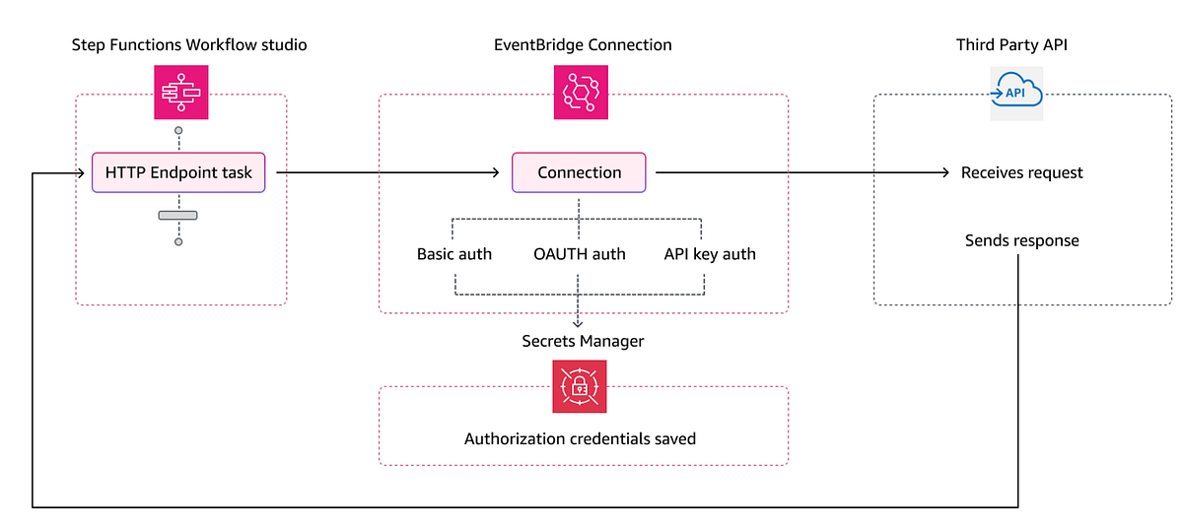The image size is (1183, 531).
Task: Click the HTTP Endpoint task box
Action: coord(178,172)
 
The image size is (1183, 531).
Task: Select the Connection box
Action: coord(579,172)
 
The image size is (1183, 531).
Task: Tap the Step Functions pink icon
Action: coord(178,94)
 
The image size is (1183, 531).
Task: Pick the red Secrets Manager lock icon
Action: coord(579,386)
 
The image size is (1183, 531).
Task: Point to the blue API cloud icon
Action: coord(1016,94)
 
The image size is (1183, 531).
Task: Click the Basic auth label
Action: coord(453,254)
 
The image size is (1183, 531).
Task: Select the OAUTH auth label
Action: coord(579,254)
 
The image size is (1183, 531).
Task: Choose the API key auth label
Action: coord(710,254)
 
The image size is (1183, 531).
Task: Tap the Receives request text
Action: coord(1021,172)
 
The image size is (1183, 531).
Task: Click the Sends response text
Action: coord(1021,240)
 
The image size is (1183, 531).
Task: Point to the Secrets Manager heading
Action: coord(583,341)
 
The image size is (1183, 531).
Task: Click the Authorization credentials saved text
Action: coord(580,438)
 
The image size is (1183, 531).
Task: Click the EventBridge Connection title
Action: coord(583,45)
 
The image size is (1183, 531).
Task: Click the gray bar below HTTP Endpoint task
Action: coord(178,215)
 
